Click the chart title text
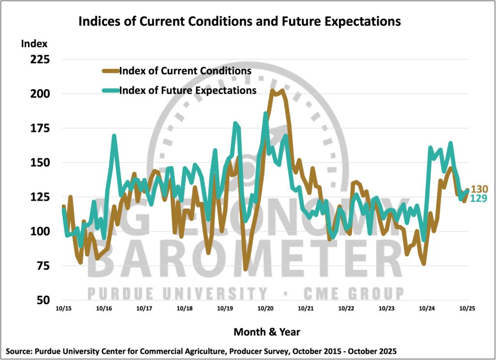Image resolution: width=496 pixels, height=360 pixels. (x=239, y=22)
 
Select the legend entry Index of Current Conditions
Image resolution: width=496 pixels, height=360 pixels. (x=185, y=71)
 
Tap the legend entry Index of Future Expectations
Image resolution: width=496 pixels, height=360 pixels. (x=187, y=91)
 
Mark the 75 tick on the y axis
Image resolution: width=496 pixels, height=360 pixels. (x=41, y=266)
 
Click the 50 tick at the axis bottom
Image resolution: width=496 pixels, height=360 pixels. (x=41, y=300)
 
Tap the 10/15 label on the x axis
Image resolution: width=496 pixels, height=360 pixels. (x=63, y=308)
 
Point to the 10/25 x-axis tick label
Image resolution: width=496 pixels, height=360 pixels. (x=466, y=308)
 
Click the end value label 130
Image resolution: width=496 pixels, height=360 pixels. (x=480, y=189)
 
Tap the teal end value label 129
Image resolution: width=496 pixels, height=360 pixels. (x=480, y=199)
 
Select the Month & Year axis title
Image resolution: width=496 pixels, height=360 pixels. (x=266, y=332)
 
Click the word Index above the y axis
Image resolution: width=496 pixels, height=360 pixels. (x=34, y=44)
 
